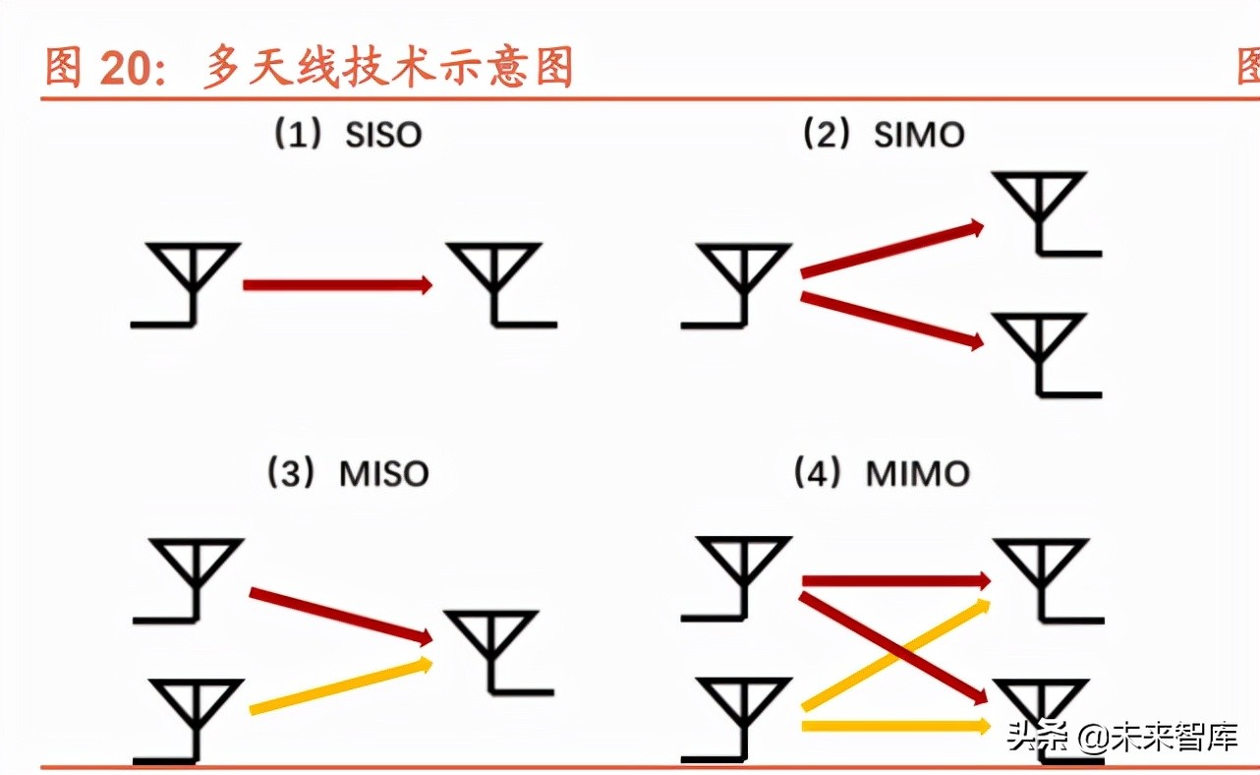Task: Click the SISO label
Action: (x=383, y=135)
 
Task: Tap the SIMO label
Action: (x=919, y=135)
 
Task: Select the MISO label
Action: (x=384, y=474)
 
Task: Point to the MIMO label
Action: (x=917, y=474)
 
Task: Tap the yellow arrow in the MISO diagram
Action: (x=340, y=686)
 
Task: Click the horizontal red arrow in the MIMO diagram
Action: (x=894, y=581)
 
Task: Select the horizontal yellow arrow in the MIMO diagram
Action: (x=894, y=726)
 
